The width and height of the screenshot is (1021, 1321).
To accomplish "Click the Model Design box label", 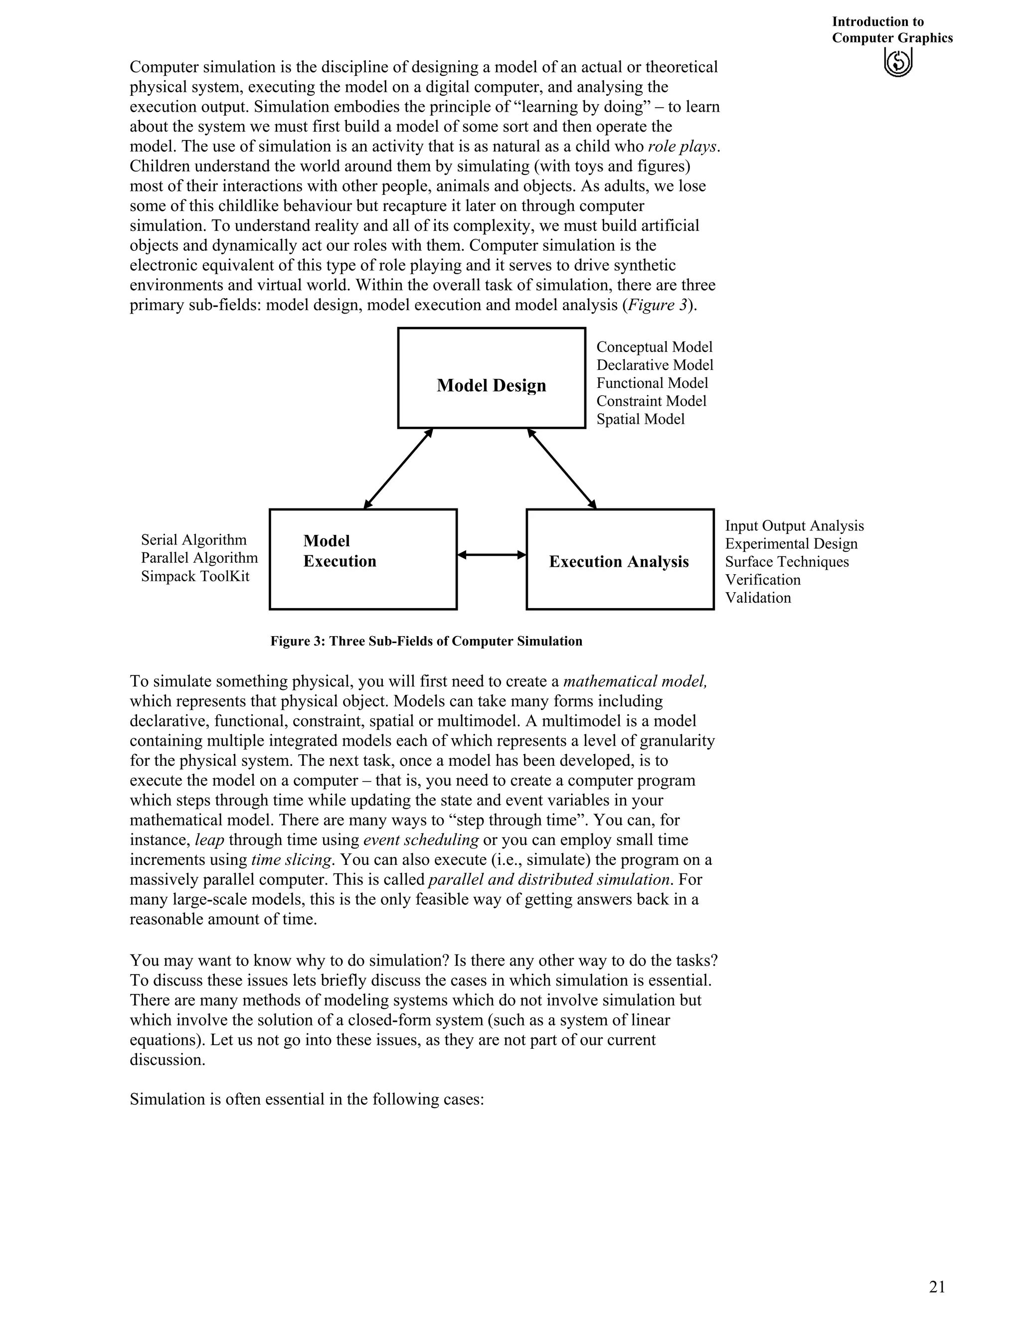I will point(491,385).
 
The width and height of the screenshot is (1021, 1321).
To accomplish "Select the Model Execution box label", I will point(340,551).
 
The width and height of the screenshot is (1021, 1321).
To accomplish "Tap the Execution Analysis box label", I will point(619,561).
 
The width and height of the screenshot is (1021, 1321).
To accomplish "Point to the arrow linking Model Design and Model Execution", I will point(398,469).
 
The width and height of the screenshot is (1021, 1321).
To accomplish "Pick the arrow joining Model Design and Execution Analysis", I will point(561,469).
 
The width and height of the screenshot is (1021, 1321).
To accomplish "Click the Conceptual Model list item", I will point(654,346).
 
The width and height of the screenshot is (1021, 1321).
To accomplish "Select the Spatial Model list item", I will point(640,419).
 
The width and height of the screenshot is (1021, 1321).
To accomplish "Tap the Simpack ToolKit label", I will point(195,576).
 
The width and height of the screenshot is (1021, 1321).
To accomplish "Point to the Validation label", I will point(758,598).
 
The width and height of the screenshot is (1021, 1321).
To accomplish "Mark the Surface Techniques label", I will point(786,562).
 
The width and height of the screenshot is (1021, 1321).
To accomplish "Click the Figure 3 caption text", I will point(426,641).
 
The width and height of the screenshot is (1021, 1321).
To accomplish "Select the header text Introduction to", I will point(877,22).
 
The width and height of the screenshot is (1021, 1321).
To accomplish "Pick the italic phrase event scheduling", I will point(421,839).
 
